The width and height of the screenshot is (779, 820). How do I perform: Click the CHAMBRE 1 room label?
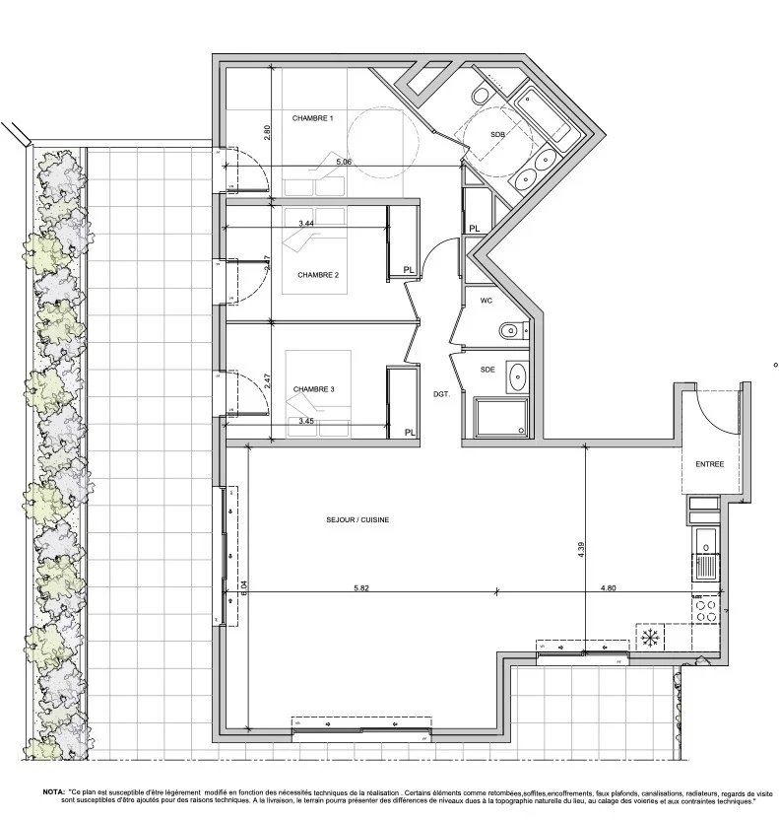[x=313, y=118]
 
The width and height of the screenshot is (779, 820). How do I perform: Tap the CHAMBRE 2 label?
[x=318, y=275]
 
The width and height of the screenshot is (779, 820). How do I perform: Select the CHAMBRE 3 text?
[x=314, y=389]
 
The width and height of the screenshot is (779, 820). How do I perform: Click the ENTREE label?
[x=710, y=464]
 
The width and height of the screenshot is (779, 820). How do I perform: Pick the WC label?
[x=487, y=300]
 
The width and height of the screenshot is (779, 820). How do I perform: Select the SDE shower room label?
[x=487, y=369]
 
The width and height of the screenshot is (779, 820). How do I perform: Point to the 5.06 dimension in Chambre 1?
[x=344, y=161]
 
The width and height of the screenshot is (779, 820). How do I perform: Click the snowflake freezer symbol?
[x=649, y=639]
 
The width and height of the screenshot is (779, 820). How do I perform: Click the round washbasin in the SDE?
[x=517, y=376]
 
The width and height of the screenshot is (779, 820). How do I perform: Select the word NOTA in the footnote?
[x=54, y=791]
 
